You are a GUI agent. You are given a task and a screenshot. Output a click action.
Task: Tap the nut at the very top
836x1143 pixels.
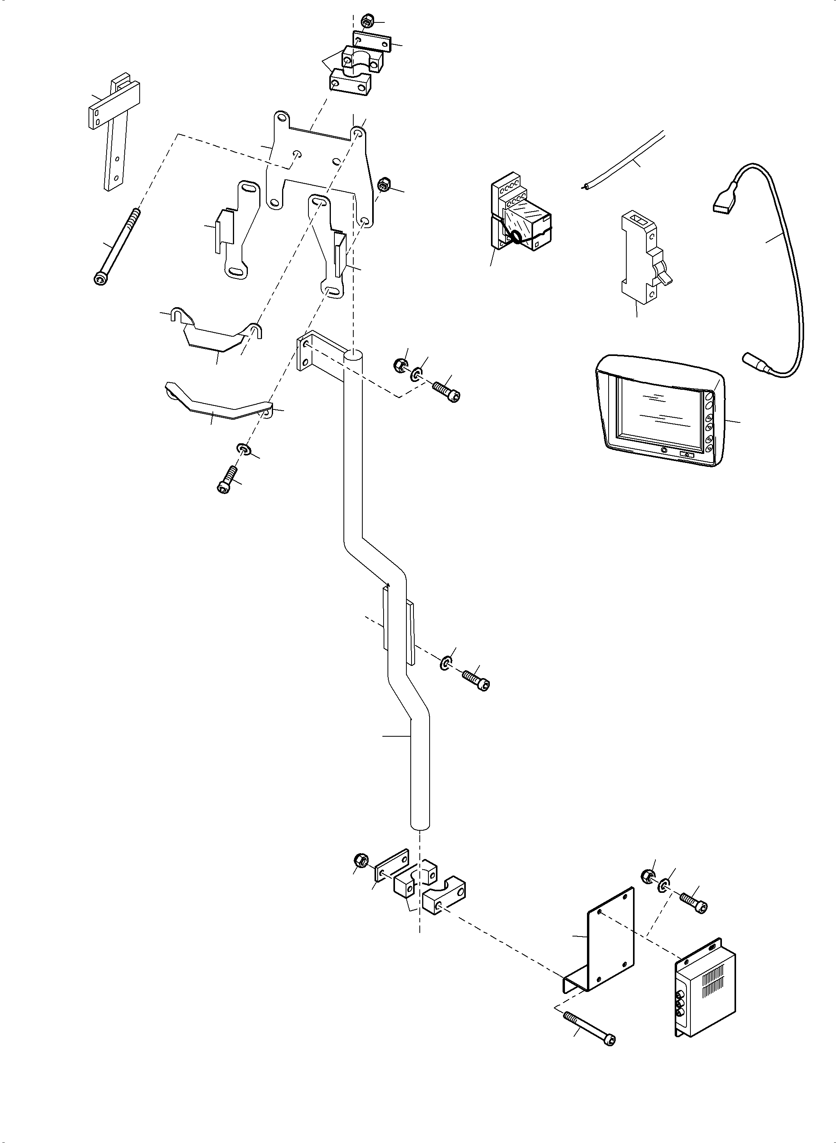point(366,22)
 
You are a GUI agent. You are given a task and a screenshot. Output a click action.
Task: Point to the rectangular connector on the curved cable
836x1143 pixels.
point(721,203)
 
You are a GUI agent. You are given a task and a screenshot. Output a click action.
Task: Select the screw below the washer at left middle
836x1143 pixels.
point(226,479)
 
